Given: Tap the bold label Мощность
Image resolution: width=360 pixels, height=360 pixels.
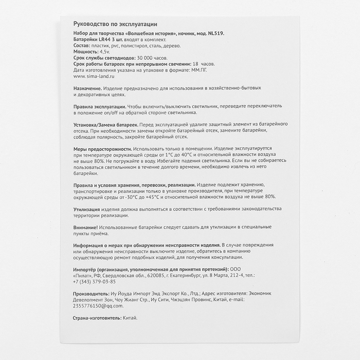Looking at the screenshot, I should click(x=86, y=52).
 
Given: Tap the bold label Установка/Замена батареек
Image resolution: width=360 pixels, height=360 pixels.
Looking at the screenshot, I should click(x=106, y=125).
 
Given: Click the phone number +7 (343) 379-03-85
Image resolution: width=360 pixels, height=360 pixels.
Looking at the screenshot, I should click(x=95, y=281).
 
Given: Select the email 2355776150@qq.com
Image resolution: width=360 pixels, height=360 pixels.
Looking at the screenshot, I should click(x=98, y=305).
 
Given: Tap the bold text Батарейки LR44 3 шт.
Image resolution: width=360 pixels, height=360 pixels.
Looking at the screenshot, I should click(x=98, y=40).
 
